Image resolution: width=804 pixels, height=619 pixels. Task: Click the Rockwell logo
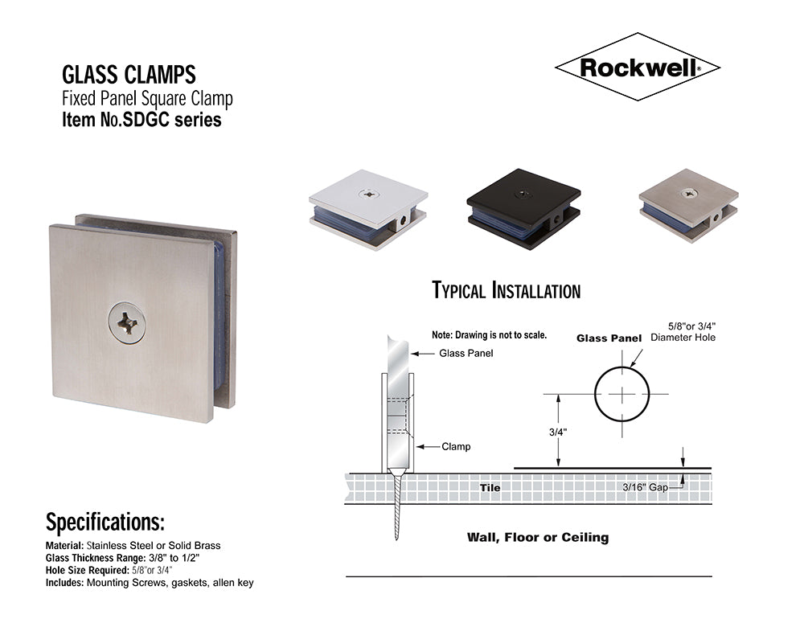tap(637, 68)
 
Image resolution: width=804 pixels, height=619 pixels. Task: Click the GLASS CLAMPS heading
tap(129, 76)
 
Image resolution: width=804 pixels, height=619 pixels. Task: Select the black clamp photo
tap(523, 208)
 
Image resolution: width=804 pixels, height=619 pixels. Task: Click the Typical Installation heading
tap(506, 290)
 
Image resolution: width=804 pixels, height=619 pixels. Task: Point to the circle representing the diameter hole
tap(621, 394)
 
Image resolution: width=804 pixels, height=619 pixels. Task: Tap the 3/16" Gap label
tap(647, 487)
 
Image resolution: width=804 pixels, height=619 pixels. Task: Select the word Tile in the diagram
tap(490, 488)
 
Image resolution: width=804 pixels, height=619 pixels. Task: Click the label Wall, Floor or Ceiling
tap(538, 537)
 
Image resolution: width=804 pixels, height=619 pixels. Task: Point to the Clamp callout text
tap(456, 446)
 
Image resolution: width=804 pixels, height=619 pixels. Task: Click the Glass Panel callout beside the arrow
tap(466, 354)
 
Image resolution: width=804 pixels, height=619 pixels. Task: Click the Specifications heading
tap(105, 523)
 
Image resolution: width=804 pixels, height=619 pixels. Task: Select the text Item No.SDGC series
tap(142, 121)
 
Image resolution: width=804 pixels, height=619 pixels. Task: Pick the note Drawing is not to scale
tap(489, 334)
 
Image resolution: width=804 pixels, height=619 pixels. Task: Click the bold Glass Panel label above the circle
tap(609, 338)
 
